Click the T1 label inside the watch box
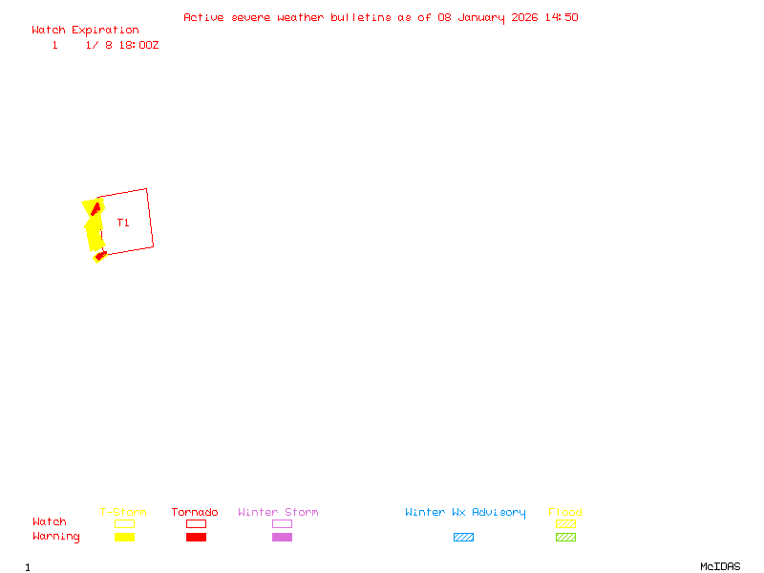(x=123, y=223)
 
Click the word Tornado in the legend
(x=195, y=513)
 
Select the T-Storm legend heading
(x=123, y=513)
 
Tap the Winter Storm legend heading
(x=278, y=513)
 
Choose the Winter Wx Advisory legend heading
(x=465, y=513)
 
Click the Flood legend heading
(x=565, y=513)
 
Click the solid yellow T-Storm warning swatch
(x=124, y=538)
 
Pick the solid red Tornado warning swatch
(x=196, y=538)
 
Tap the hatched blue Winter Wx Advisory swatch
(x=463, y=538)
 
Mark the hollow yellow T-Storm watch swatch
(x=124, y=523)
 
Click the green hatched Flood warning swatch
(x=565, y=538)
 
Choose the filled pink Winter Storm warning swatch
(x=282, y=538)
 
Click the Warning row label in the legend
(x=56, y=537)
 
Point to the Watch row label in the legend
(x=50, y=522)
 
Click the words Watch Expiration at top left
(x=85, y=31)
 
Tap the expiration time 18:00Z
(x=139, y=45)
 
